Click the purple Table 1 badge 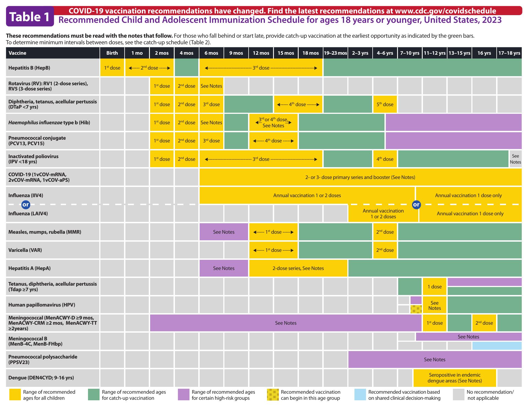[30, 16]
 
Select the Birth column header [112, 53]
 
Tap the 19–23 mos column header [335, 53]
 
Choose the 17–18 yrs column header [509, 53]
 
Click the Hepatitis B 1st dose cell [112, 68]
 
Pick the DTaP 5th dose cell [385, 104]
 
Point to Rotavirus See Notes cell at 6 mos [211, 86]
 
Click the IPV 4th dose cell [385, 159]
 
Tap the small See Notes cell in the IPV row [515, 159]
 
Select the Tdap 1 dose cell [435, 286]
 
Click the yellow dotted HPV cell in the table [416, 309]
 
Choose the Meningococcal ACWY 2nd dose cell [484, 323]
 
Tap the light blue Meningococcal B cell [497, 346]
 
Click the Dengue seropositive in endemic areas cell [455, 378]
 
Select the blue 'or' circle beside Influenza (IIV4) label [26, 205]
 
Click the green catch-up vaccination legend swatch [94, 395]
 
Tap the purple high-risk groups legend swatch [183, 395]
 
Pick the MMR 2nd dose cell [385, 232]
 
